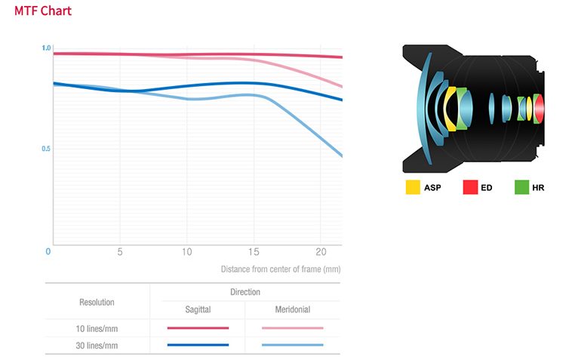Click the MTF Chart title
tap(43, 11)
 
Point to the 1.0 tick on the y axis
tap(46, 48)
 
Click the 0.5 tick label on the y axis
tap(46, 149)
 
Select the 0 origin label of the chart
tap(48, 251)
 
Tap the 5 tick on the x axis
tap(120, 251)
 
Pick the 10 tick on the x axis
tap(186, 251)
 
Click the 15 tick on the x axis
tap(254, 251)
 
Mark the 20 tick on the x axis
tap(321, 251)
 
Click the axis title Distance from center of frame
tap(281, 269)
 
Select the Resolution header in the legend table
tap(97, 302)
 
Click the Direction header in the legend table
tap(244, 292)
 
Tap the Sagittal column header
tap(198, 309)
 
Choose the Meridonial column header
tap(292, 309)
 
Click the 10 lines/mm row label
tap(97, 328)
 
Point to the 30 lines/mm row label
tap(97, 345)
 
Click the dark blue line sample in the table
tap(198, 345)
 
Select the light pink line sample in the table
tap(292, 328)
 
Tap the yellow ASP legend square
tap(413, 186)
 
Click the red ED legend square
tap(470, 186)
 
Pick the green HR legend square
tap(521, 186)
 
